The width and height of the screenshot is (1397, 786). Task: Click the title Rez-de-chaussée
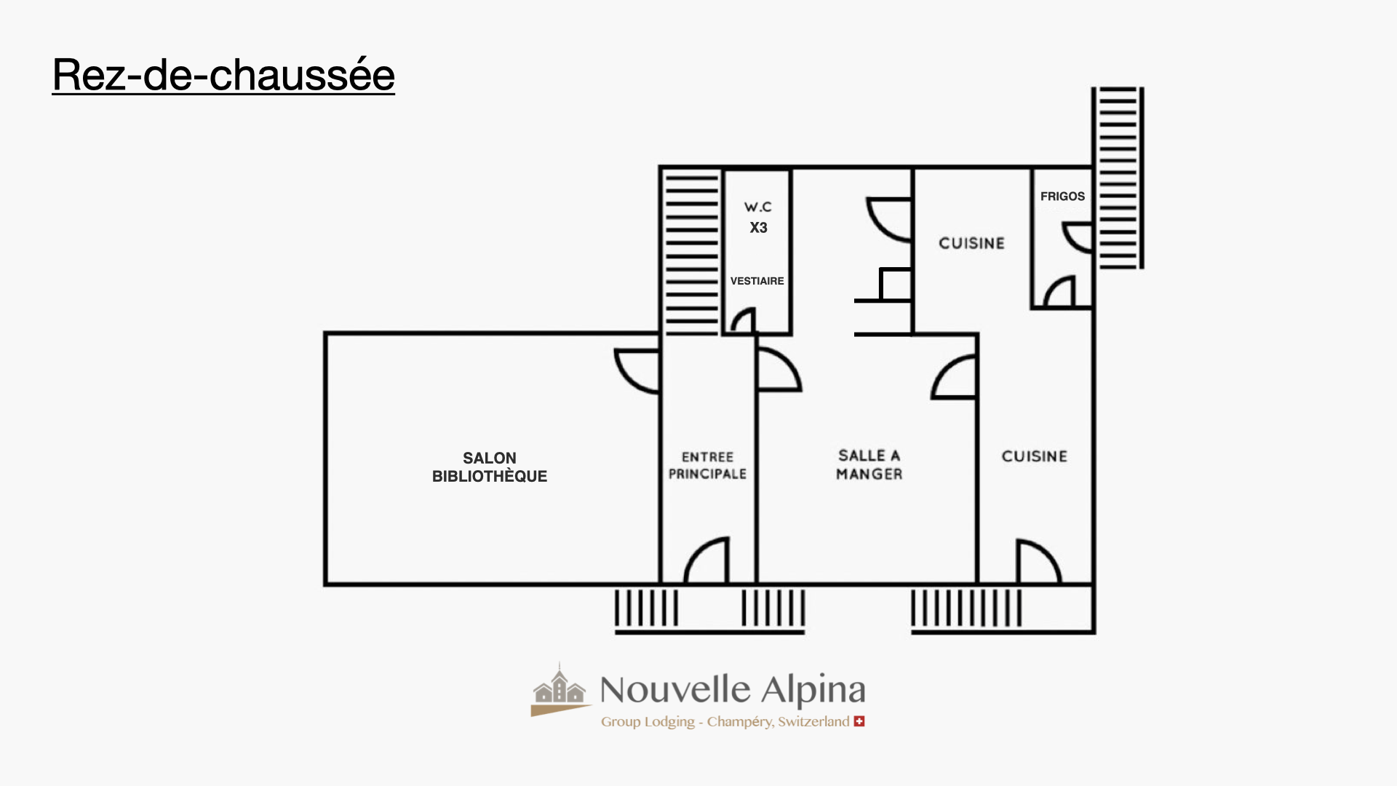click(223, 75)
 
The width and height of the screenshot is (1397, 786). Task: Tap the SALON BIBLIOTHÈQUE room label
click(490, 467)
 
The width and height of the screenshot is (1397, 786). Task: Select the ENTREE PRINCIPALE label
click(707, 466)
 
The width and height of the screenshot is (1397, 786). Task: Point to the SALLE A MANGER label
click(869, 465)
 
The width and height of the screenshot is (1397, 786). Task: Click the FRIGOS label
click(1062, 196)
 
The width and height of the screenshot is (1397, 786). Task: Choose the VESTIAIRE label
click(757, 281)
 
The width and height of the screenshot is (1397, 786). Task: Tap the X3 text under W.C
click(758, 228)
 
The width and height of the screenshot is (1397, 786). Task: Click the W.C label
click(757, 207)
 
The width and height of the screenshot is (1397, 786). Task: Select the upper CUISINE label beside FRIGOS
click(971, 243)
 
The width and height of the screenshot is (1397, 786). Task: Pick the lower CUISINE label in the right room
click(1034, 456)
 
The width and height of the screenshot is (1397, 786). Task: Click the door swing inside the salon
click(637, 370)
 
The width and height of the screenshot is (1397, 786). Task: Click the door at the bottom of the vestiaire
click(743, 321)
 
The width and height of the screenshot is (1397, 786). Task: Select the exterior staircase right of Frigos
click(1118, 178)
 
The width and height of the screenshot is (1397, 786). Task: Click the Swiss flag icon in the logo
click(859, 721)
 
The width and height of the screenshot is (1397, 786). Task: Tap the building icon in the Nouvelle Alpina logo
click(559, 689)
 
